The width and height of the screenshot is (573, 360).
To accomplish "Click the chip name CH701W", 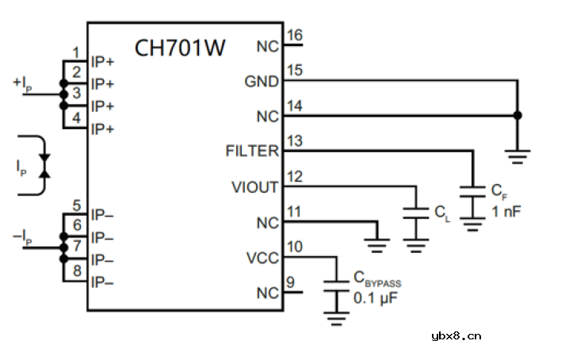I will (180, 48).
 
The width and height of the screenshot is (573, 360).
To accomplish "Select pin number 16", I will (294, 35).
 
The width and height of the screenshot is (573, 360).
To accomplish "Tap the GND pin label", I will (262, 82).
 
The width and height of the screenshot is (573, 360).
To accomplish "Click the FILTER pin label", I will (252, 151).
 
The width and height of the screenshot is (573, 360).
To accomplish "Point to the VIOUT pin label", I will (254, 187).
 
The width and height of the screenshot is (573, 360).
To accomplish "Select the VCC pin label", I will (262, 259).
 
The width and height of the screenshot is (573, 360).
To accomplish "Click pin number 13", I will (294, 141).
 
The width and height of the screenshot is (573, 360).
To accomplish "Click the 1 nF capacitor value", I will (506, 211).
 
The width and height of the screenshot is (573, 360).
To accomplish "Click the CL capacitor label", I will (441, 213).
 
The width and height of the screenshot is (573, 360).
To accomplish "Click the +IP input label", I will (23, 82).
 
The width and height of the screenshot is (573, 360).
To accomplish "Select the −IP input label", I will (23, 236).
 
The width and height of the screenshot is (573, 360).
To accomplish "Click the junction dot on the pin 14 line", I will (518, 116).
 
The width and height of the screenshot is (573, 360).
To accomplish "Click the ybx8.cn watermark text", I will (456, 335).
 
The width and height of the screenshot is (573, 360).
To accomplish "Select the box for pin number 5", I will (75, 206).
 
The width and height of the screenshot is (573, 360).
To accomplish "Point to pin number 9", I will (290, 282).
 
